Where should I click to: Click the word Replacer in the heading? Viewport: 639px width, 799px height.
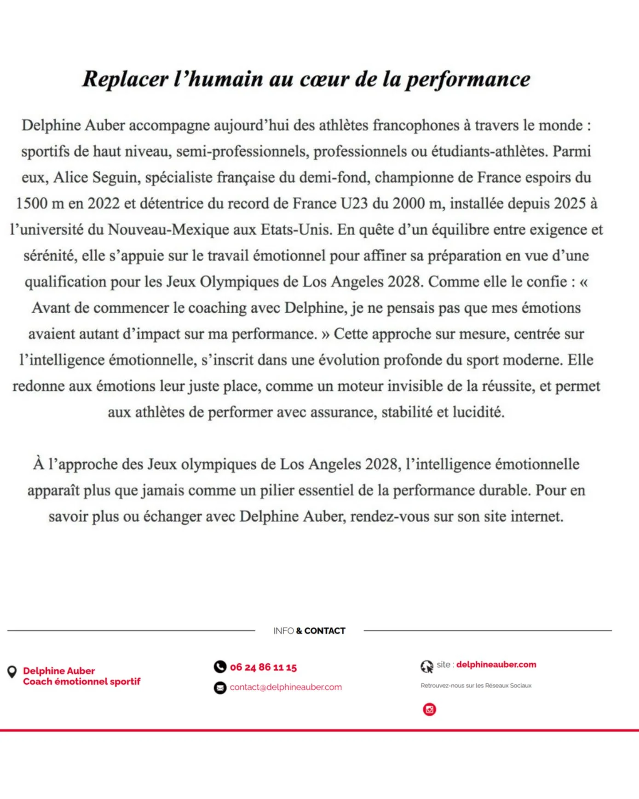[x=125, y=79]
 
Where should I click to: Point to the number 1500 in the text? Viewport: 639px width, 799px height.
[x=33, y=203]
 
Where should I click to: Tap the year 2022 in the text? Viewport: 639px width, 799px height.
[x=104, y=203]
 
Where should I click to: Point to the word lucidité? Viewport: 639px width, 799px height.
[x=478, y=412]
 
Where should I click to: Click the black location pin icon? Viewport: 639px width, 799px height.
[x=12, y=672]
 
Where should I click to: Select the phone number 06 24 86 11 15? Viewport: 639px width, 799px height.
[x=263, y=667]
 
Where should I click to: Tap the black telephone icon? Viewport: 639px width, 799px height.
[x=220, y=667]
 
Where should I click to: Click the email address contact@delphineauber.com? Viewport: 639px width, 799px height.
[x=286, y=687]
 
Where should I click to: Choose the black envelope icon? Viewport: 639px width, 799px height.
[x=220, y=688]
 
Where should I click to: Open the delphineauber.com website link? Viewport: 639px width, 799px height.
[x=496, y=665]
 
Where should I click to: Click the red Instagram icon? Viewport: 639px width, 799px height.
[x=429, y=709]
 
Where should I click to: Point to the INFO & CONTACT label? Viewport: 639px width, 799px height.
[x=309, y=631]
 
